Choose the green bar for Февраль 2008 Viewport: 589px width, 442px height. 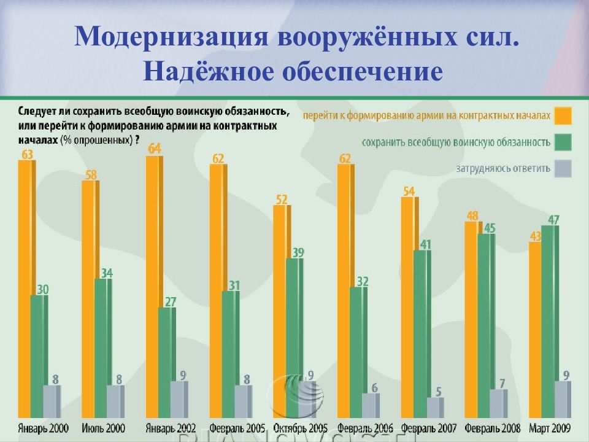click(487, 325)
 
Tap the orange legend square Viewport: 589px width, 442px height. click(563, 116)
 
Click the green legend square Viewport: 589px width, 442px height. click(563, 142)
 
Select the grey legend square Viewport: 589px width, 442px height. click(563, 168)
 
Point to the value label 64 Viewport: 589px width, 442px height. click(155, 148)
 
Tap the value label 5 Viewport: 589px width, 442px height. click(439, 391)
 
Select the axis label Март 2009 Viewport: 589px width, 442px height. click(550, 428)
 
